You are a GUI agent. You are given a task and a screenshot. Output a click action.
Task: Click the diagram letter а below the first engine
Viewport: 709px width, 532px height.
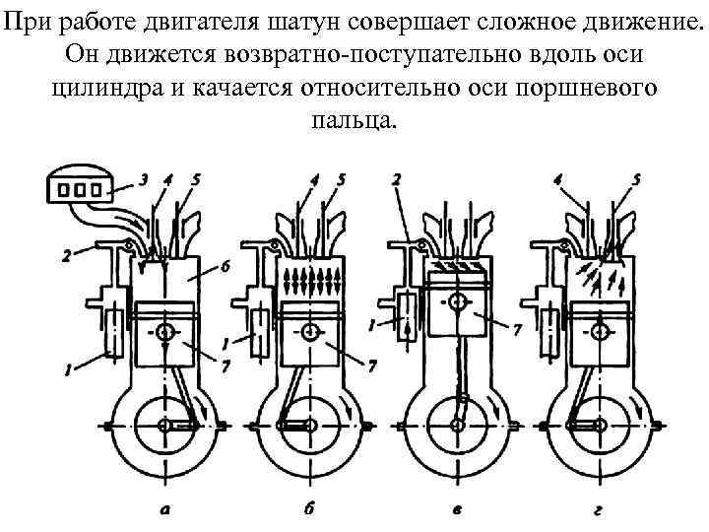tap(165, 509)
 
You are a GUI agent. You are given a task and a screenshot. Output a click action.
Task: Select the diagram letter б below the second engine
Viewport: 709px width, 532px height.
tap(310, 509)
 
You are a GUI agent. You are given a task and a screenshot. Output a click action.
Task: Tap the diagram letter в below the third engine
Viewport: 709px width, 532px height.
tap(456, 509)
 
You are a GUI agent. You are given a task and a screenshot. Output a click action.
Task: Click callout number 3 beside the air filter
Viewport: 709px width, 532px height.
tap(144, 179)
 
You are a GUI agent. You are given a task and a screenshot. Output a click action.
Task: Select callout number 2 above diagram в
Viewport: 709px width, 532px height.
tap(396, 179)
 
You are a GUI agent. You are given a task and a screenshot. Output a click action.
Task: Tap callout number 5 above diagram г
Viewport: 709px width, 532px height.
tap(636, 179)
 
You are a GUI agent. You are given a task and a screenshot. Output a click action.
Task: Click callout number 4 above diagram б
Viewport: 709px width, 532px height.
tap(314, 179)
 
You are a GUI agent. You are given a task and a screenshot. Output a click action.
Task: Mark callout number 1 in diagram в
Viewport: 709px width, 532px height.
tap(372, 323)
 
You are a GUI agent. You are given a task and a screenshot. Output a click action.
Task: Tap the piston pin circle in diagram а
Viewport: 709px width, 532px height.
tap(163, 332)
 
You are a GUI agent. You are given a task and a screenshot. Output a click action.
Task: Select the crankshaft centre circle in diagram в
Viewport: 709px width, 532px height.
tap(456, 425)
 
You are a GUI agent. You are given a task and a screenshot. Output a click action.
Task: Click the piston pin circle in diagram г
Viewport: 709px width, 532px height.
tap(602, 332)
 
